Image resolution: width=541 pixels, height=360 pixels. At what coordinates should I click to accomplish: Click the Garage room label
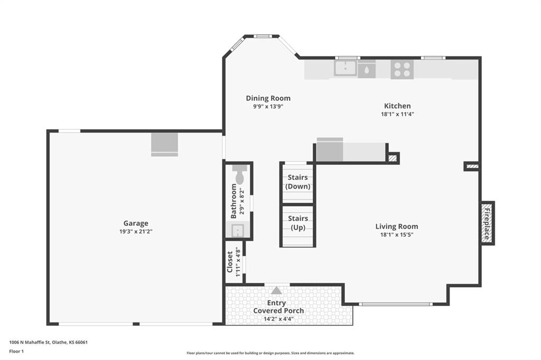136,223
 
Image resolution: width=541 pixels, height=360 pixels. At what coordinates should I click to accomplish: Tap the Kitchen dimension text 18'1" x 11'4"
397,114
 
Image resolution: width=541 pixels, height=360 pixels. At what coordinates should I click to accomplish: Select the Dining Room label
268,98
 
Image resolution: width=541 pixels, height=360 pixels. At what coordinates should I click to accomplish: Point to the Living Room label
397,226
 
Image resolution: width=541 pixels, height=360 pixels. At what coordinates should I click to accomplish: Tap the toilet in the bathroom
239,175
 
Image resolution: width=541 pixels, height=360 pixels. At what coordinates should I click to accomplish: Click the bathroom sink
238,230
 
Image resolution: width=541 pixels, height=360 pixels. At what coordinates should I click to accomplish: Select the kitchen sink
345,68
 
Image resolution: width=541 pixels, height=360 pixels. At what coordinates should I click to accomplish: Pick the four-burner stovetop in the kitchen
402,69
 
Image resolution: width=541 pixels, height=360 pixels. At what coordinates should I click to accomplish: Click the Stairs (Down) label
298,182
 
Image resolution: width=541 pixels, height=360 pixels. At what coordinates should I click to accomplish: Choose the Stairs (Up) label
298,223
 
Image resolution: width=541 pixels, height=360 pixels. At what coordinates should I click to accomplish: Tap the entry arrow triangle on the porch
276,290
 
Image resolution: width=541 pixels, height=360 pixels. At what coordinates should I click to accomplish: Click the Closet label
230,262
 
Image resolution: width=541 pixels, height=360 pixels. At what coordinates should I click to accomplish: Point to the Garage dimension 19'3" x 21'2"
136,232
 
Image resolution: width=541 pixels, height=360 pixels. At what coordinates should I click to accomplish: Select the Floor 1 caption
16,352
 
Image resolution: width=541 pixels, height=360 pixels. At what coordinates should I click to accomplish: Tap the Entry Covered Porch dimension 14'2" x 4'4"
278,319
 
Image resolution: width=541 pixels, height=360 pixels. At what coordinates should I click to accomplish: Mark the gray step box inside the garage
165,145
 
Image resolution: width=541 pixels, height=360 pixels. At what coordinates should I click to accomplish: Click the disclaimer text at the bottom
270,353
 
